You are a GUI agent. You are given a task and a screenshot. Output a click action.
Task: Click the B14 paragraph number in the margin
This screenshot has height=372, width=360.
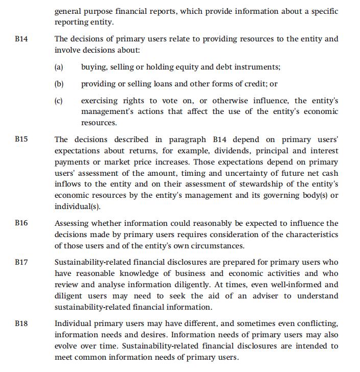click(21, 39)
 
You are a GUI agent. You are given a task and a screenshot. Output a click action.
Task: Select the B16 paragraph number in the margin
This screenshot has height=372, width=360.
click(21, 223)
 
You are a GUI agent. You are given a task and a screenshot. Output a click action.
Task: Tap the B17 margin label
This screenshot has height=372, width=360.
click(21, 262)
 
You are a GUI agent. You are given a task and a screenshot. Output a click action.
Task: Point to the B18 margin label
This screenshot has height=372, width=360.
click(21, 323)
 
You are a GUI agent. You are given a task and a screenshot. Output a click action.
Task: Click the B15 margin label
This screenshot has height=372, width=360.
click(21, 139)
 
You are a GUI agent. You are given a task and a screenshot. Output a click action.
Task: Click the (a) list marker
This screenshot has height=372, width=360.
click(59, 67)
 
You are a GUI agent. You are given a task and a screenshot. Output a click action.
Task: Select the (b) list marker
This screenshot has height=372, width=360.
click(59, 84)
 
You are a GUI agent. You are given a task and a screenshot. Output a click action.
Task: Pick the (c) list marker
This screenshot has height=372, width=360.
click(59, 101)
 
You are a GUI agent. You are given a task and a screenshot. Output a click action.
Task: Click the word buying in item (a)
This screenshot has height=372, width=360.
click(93, 67)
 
